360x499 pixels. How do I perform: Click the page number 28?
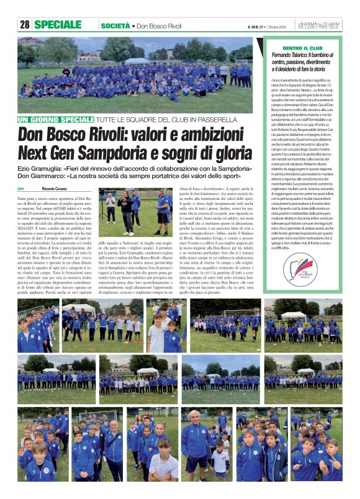point(25,25)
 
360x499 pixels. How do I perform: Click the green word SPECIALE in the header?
point(61,25)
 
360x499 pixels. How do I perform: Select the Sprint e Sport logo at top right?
point(325,25)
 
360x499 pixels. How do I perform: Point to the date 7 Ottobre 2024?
point(281,25)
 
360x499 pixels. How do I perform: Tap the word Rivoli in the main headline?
point(104,134)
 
